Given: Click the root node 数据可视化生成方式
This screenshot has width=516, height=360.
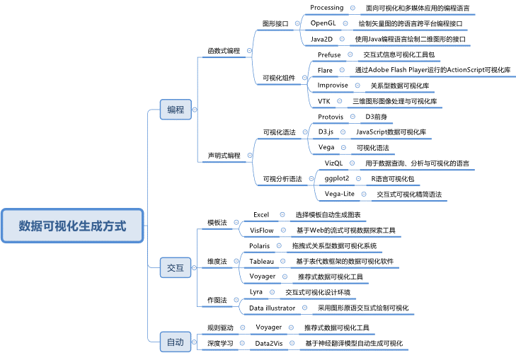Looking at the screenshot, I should pos(73,226).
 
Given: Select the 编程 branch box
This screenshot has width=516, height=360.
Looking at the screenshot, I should pos(175,110).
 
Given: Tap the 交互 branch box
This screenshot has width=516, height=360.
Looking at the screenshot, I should pos(175,268).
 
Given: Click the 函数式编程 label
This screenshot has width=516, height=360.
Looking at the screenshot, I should pos(223,51).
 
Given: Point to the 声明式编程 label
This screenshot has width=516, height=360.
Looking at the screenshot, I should pos(223,155).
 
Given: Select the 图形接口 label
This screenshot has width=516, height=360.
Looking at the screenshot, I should pos(275,23).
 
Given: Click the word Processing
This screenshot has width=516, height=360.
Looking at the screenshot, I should pos(327,8).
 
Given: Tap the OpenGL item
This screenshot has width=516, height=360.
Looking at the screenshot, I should pos(323,23).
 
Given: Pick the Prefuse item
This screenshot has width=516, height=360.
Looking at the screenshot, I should pos(329,54).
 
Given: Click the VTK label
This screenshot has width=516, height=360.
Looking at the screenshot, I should pos(324,101).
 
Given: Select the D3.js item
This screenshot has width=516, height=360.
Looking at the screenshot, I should pos(326,132).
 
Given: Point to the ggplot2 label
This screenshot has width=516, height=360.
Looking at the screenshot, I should pos(332,179).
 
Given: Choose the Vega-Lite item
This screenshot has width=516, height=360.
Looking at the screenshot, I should pos(340,194).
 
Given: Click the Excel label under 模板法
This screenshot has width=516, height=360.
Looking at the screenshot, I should pos(261,214).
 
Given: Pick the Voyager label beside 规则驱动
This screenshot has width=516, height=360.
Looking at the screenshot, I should pos(268,327).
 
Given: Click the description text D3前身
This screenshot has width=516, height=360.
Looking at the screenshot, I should pos(376,116).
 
